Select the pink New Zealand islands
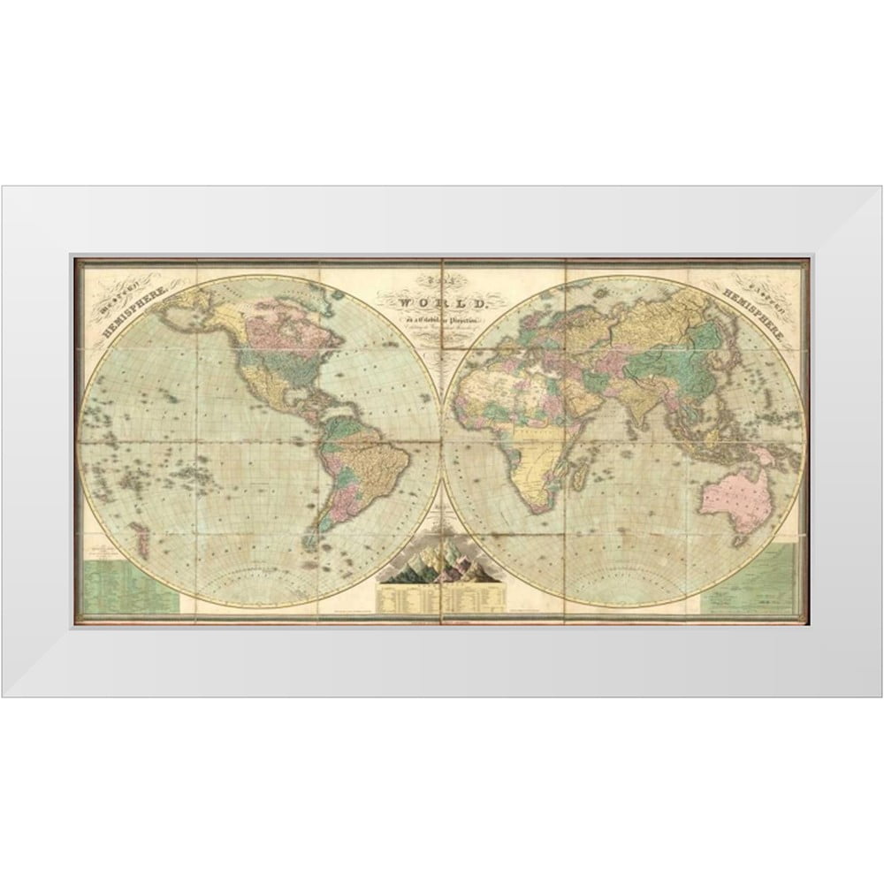(x=141, y=536)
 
